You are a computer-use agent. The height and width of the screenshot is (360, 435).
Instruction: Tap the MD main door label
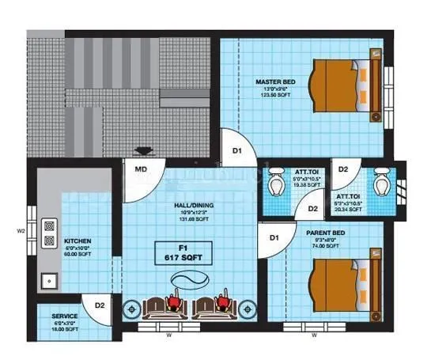(x=140, y=169)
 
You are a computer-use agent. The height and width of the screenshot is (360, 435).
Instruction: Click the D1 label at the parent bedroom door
(x=274, y=237)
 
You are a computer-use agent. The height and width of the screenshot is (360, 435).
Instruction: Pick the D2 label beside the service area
(x=100, y=305)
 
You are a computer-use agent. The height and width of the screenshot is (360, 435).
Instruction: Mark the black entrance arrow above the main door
(x=143, y=151)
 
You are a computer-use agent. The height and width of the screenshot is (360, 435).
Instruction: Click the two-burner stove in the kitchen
(x=49, y=232)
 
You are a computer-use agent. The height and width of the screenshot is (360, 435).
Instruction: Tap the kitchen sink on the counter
(x=49, y=279)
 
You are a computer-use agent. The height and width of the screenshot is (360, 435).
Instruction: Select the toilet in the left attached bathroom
(x=275, y=184)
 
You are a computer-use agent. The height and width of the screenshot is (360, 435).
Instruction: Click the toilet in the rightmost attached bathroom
(x=382, y=184)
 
